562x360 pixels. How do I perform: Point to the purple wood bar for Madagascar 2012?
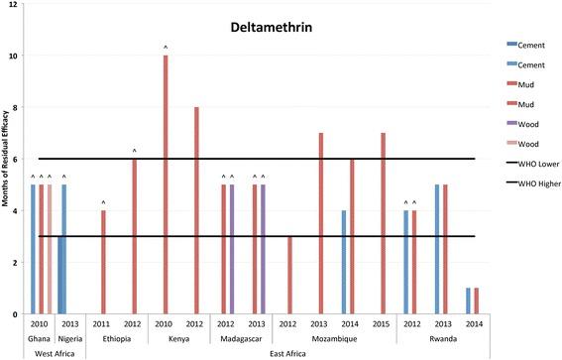coord(232,249)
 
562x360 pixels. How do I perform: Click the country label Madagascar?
coord(243,339)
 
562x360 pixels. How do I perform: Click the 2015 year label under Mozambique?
coord(383,325)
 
